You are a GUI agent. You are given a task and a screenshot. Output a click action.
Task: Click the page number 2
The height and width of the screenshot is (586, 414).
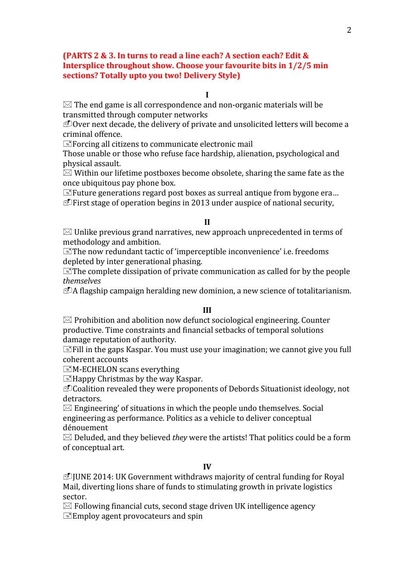click(x=349, y=30)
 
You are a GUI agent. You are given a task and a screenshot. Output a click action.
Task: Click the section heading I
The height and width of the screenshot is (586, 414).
click(x=207, y=95)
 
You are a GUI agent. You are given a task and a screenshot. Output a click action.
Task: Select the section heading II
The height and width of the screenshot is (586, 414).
click(x=207, y=222)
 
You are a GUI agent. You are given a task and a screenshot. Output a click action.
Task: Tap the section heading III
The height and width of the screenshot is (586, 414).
click(x=207, y=310)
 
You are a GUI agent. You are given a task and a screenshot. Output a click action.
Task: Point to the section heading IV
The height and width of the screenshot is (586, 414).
click(x=207, y=467)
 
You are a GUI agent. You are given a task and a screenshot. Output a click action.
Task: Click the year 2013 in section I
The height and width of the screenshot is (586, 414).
click(x=201, y=203)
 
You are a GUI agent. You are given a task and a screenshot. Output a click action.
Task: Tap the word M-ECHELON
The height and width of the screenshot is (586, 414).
click(x=95, y=369)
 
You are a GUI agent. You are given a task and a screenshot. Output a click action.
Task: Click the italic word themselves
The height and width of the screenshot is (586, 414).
click(x=82, y=281)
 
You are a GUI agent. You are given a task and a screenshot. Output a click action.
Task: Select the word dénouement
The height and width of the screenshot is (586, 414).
click(x=85, y=428)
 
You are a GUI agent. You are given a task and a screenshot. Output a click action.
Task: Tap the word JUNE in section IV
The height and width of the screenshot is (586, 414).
click(x=82, y=477)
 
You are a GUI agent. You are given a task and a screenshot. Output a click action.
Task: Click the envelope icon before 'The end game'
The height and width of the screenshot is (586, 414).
click(x=67, y=105)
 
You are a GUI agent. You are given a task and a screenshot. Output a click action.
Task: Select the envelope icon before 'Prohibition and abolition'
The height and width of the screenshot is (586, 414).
click(x=67, y=320)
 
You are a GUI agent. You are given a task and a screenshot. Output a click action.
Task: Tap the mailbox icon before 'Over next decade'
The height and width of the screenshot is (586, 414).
click(x=67, y=124)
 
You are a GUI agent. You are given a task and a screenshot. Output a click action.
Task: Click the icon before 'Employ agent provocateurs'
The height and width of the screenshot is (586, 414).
click(x=67, y=516)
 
